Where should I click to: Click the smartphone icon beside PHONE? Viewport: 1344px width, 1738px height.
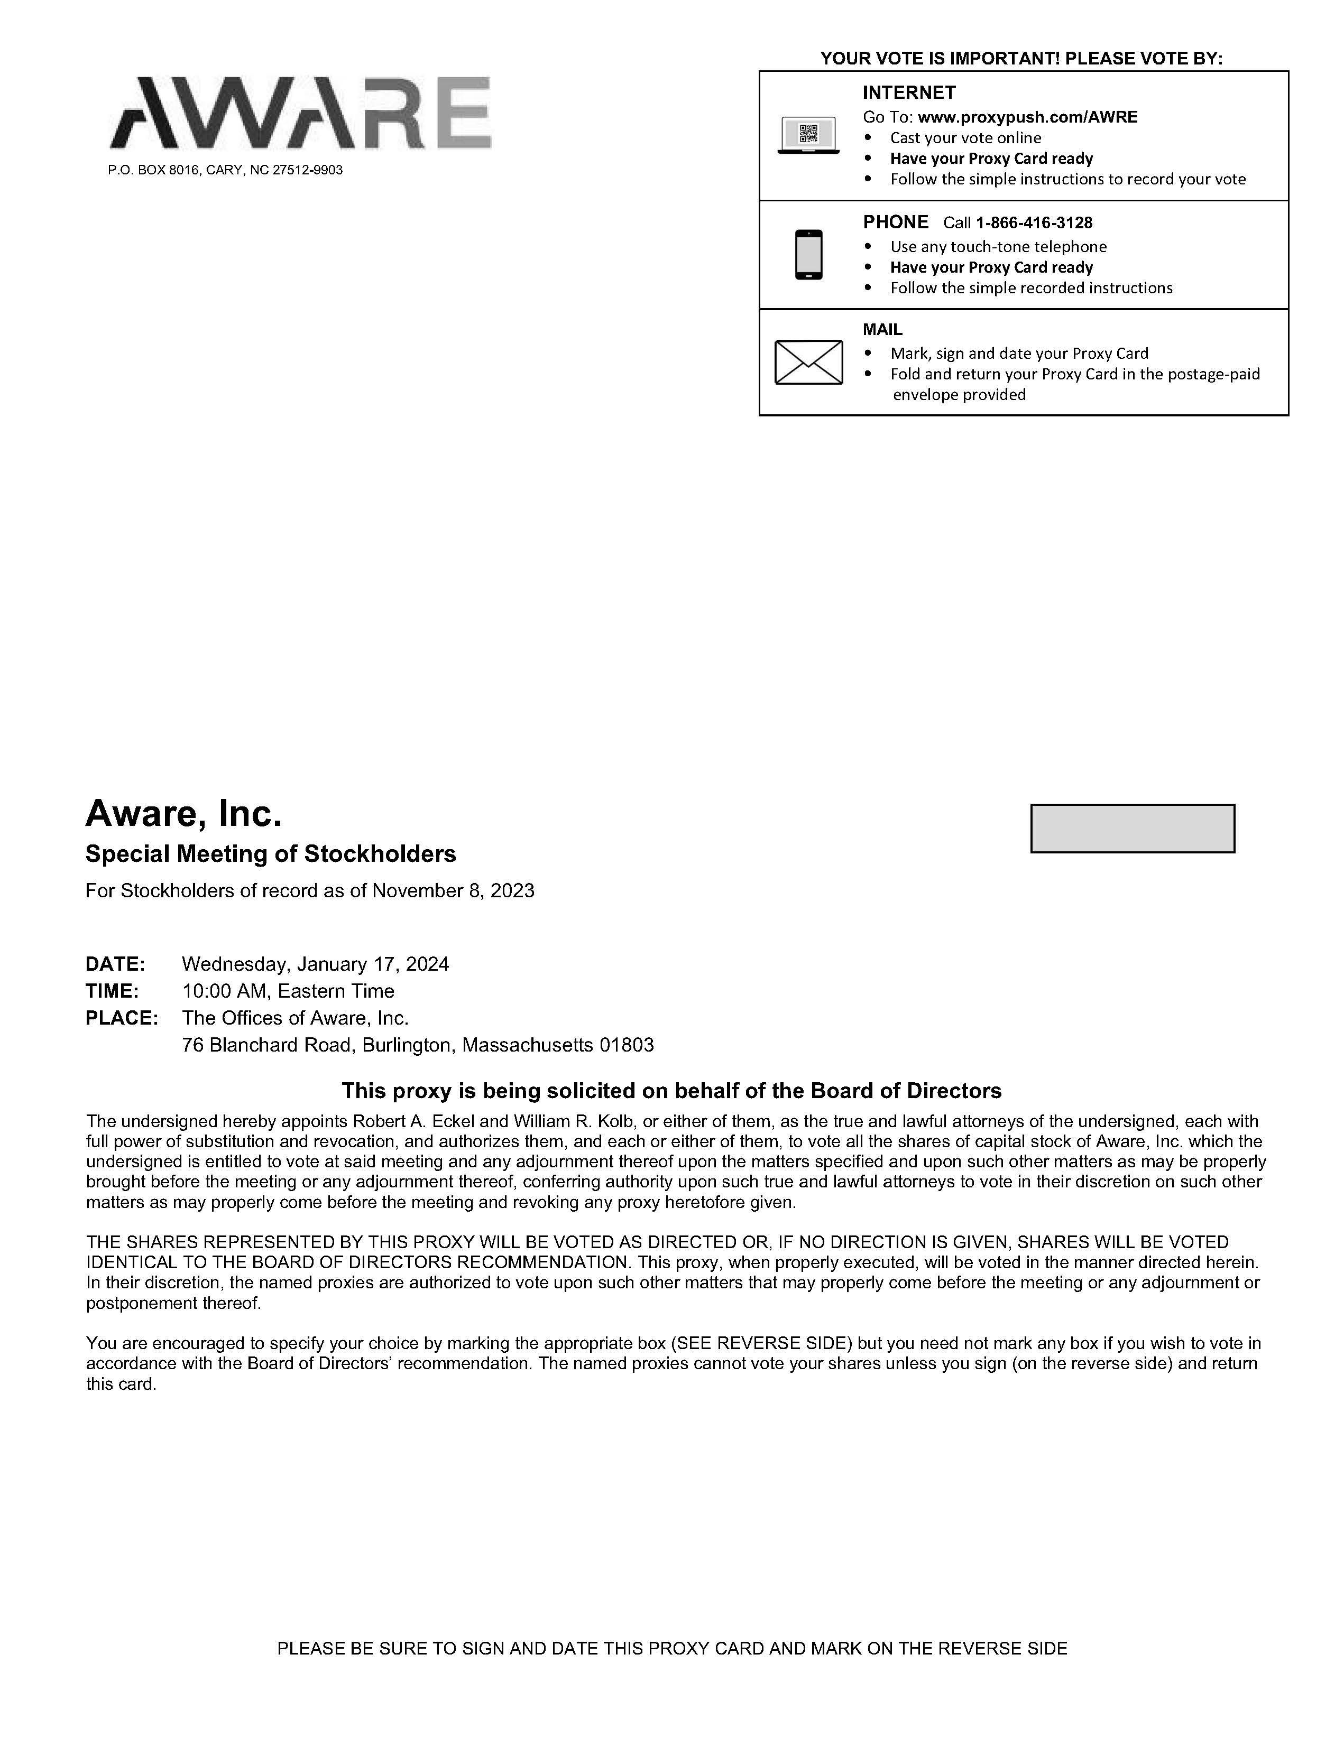[808, 255]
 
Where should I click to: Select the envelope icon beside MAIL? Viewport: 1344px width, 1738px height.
[808, 362]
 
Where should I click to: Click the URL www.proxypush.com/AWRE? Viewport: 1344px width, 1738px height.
[1027, 117]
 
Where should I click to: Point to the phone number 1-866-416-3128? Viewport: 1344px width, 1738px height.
[1034, 223]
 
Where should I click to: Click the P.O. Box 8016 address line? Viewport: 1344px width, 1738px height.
[225, 170]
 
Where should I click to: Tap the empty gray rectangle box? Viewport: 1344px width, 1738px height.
[1132, 829]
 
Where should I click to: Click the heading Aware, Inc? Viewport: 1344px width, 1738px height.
[184, 813]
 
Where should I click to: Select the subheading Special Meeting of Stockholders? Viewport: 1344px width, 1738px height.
[271, 854]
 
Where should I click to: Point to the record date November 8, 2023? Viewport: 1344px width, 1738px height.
[453, 890]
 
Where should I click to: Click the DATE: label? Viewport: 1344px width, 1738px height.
[115, 964]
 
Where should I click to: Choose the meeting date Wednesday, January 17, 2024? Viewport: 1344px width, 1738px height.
[315, 964]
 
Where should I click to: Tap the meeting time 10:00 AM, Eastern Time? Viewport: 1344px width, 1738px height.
[288, 991]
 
